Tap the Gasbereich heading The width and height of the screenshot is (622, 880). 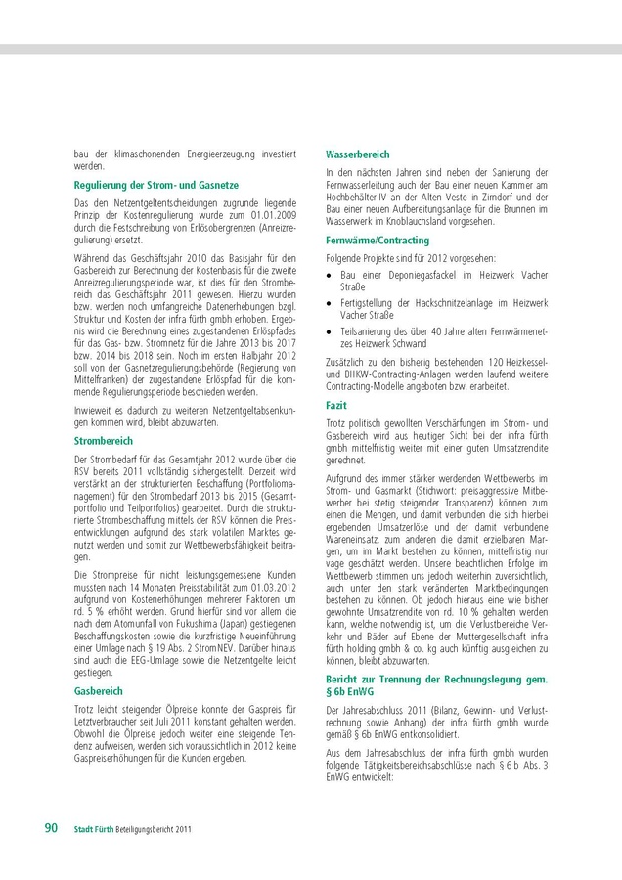point(98,690)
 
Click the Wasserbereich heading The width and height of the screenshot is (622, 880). point(357,154)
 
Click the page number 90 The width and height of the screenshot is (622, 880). point(52,828)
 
